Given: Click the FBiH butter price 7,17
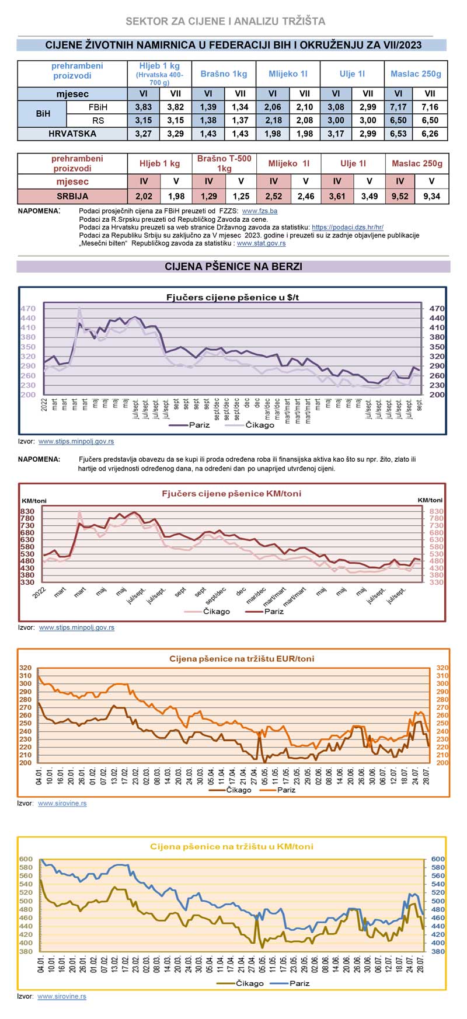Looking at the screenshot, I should pyautogui.click(x=398, y=107).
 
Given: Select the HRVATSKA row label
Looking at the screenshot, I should pyautogui.click(x=72, y=134).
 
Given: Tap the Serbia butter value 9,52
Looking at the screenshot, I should pyautogui.click(x=400, y=197).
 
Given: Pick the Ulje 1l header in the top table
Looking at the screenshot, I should pyautogui.click(x=352, y=74).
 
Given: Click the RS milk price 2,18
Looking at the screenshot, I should pyautogui.click(x=273, y=121).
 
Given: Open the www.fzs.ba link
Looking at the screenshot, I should pyautogui.click(x=259, y=211).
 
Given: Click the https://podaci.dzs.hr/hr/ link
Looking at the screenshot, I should pyautogui.click(x=347, y=227).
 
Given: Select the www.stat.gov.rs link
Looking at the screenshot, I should pyautogui.click(x=261, y=243).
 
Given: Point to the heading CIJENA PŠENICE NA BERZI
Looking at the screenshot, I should pyautogui.click(x=233, y=267).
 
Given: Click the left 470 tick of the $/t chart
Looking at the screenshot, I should pyautogui.click(x=28, y=309).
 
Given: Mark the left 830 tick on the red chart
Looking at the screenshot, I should pyautogui.click(x=27, y=511).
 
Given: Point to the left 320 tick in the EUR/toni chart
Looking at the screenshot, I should pyautogui.click(x=26, y=668).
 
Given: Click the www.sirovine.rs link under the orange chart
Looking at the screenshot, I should pyautogui.click(x=62, y=803).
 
